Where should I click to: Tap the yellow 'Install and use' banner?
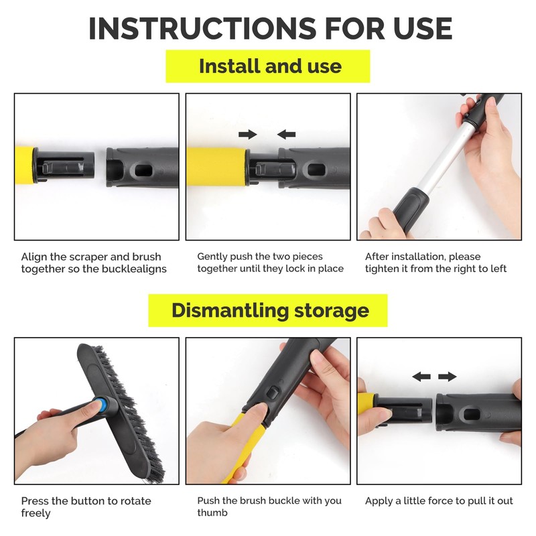267,66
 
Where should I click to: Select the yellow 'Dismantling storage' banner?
267,310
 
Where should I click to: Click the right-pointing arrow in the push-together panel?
248,135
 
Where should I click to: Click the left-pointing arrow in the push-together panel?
287,135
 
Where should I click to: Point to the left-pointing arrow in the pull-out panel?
421,377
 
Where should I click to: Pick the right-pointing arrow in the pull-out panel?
448,377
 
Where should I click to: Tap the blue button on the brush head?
102,405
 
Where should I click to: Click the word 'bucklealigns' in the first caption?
135,269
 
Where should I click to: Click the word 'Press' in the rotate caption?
34,500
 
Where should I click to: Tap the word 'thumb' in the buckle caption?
212,513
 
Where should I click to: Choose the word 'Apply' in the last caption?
379,501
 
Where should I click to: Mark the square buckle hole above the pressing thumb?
273,393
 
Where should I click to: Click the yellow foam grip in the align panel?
25,165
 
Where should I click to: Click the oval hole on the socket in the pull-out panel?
472,414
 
